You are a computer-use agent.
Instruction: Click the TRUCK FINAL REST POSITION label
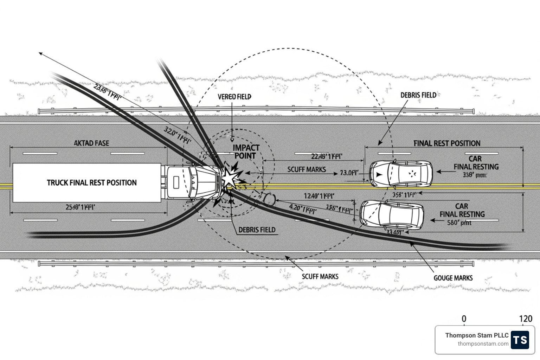(x=91, y=182)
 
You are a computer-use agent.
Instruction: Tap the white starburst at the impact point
(x=229, y=178)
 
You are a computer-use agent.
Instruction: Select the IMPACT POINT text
(x=246, y=152)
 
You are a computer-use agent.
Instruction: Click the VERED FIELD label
(x=234, y=97)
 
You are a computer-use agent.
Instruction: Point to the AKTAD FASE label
(x=91, y=143)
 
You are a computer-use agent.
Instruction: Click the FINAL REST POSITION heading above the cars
(x=446, y=143)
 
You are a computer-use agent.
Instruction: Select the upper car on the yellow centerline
(x=401, y=174)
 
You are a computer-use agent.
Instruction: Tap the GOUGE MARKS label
(x=453, y=278)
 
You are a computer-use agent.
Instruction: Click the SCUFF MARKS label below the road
(x=320, y=277)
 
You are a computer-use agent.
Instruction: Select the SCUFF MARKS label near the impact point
(x=307, y=169)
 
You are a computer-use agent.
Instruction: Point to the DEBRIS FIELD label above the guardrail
(x=418, y=95)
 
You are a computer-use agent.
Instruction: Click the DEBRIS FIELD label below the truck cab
(x=257, y=230)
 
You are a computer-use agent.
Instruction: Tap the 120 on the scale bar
(x=526, y=319)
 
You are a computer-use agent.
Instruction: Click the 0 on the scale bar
(x=464, y=319)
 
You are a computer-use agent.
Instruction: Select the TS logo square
(x=520, y=340)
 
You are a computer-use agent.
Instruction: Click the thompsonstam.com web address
(x=483, y=344)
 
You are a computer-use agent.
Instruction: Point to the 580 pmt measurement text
(x=459, y=223)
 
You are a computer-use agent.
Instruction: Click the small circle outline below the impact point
(x=269, y=199)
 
